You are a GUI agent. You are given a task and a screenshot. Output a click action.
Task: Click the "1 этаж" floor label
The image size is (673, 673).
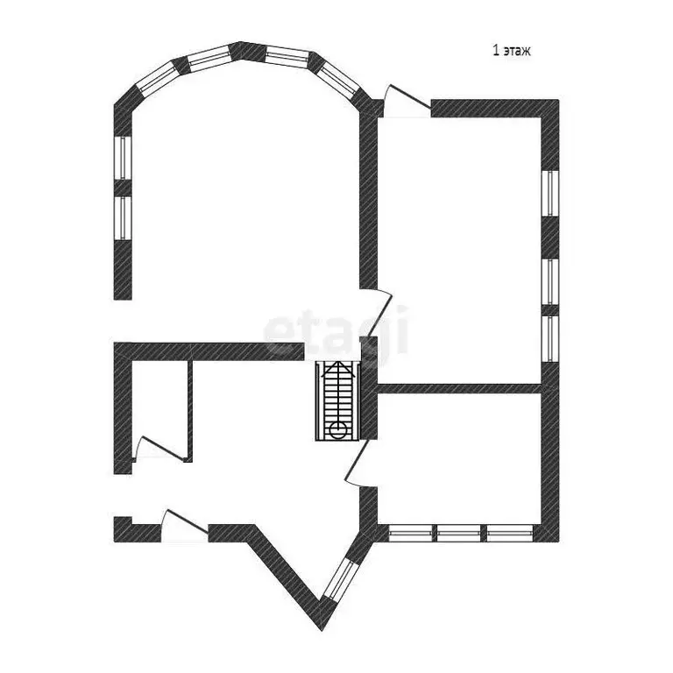[511, 51]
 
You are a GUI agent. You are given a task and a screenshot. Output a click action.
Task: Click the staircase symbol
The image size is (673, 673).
[336, 400]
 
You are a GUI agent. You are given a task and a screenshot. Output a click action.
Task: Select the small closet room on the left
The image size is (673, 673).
[159, 410]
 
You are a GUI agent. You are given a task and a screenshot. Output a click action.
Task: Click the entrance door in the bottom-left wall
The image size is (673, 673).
[185, 526]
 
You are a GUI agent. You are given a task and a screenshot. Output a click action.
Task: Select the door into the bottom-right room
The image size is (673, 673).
[359, 463]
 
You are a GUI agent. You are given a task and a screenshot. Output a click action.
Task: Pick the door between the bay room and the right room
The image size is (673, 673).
[378, 313]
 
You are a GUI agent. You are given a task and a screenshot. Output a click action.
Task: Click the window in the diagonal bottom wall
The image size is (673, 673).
[340, 579]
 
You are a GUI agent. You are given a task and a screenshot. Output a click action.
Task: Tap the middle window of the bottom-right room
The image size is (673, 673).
[458, 533]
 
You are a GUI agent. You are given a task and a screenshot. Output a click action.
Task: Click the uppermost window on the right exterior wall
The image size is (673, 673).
[549, 194]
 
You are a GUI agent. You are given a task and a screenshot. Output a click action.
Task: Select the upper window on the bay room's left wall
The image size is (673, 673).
[123, 158]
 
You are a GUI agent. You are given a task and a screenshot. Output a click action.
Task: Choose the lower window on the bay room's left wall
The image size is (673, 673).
[123, 218]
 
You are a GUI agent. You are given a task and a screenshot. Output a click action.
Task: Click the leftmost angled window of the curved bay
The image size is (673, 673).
[156, 77]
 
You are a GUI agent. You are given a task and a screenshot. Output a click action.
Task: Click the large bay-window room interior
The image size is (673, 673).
[244, 206]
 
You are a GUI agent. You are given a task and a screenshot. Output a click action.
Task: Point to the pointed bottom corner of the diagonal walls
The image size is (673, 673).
[322, 630]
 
